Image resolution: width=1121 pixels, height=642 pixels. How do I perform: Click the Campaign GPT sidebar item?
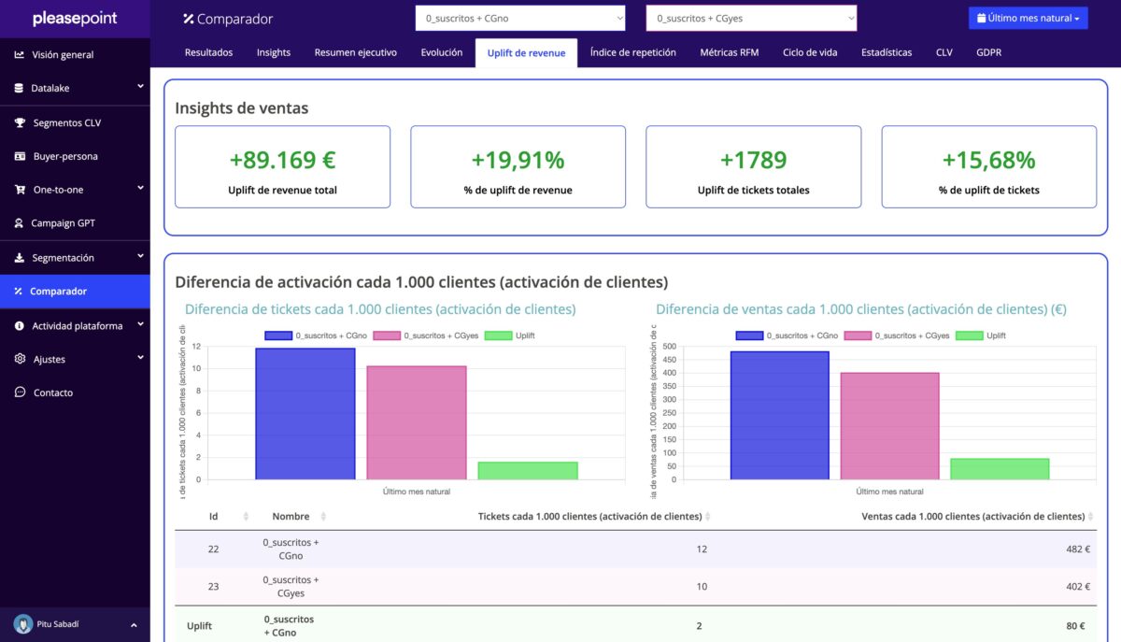(x=63, y=223)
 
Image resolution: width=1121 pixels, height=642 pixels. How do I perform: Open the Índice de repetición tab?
(x=632, y=52)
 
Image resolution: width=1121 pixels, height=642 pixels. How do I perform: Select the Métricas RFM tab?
(x=729, y=52)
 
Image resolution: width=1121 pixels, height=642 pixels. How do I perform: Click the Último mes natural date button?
(x=1028, y=18)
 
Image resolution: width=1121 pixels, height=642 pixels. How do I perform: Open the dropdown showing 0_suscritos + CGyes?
(x=751, y=18)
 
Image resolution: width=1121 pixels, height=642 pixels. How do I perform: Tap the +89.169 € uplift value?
(x=282, y=160)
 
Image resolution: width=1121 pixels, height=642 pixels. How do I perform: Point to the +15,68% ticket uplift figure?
(x=988, y=160)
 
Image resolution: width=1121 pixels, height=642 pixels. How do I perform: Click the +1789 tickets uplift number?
(x=753, y=160)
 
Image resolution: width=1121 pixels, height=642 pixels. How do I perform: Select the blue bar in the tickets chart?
(x=305, y=413)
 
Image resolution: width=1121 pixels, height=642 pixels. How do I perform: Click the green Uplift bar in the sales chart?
(x=1000, y=468)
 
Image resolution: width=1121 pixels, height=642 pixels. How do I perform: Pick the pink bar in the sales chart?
(x=889, y=426)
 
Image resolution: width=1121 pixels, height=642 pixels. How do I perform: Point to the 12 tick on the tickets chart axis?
(x=196, y=347)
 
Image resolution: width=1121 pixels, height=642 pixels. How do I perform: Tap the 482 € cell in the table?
(x=1077, y=549)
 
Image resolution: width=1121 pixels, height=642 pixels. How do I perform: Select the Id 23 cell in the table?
(x=213, y=586)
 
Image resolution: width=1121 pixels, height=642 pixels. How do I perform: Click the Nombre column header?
(x=291, y=516)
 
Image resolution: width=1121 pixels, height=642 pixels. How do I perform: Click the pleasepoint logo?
(x=74, y=19)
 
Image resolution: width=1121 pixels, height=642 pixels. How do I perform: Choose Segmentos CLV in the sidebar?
(x=66, y=122)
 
